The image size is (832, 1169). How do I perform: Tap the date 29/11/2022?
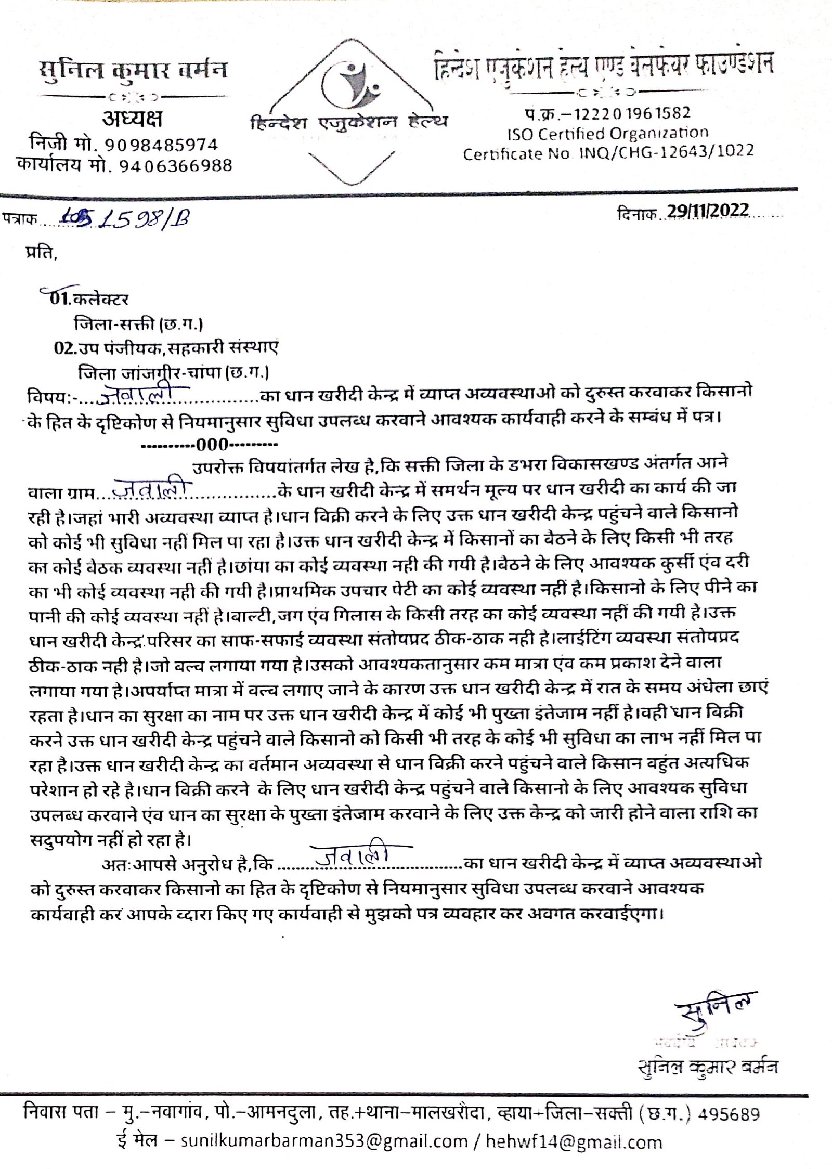click(708, 211)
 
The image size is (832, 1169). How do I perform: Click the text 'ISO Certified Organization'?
click(607, 134)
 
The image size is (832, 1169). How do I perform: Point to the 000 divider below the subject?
click(210, 445)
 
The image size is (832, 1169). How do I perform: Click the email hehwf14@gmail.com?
click(573, 1137)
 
